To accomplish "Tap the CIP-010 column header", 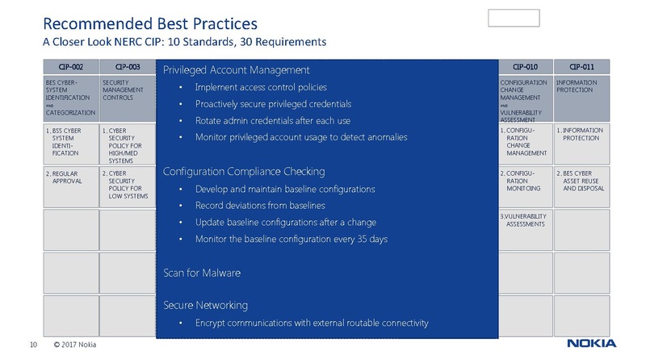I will click(525, 67).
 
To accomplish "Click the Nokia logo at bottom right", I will click(591, 344).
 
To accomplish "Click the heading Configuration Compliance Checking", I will click(244, 172).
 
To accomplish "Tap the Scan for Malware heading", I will click(202, 273).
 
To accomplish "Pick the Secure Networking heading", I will click(205, 306).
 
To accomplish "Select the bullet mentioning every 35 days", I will click(290, 239).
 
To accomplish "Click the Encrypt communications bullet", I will click(312, 323).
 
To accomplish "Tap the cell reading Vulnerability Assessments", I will click(525, 220).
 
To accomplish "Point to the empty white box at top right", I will click(514, 18).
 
